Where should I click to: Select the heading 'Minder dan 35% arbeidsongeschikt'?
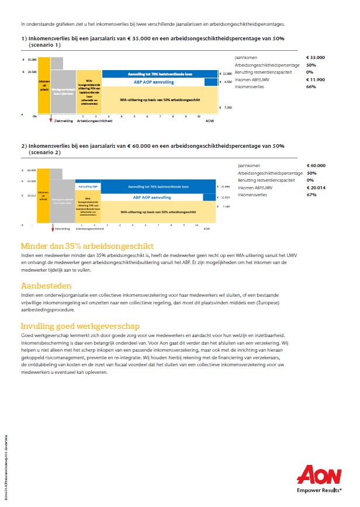87,246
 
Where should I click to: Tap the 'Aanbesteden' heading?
46,286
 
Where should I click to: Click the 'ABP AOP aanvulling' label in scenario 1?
154,82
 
